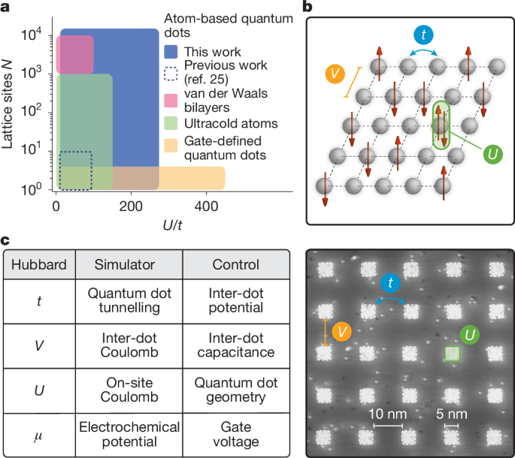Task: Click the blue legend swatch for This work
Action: [171, 53]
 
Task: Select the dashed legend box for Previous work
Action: [171, 74]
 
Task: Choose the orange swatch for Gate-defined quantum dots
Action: [171, 149]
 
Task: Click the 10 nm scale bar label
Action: [388, 414]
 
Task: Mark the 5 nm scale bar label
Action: [452, 414]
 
